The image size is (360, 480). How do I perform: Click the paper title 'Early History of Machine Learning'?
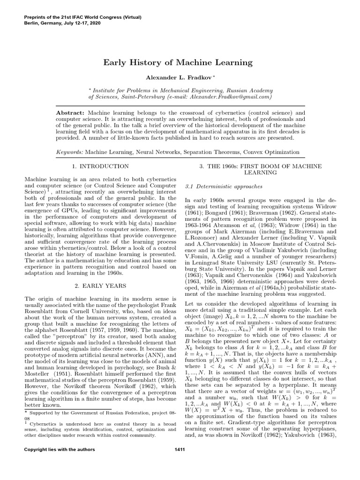180,62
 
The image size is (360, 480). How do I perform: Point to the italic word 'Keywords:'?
69,152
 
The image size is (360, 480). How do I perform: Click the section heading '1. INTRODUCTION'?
100,166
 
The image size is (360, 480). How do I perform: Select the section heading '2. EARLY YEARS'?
100,285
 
